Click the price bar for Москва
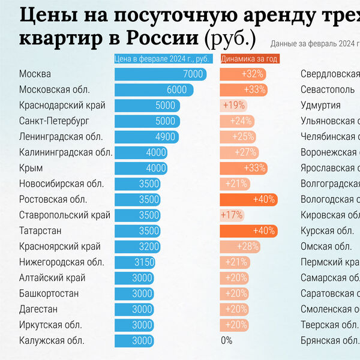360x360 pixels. (160, 74)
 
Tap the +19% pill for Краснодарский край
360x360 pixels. (233, 105)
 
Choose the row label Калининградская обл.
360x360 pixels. (65, 152)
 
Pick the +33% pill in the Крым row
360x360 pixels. (242, 168)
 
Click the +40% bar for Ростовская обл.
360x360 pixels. (248, 199)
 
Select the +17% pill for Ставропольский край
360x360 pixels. (232, 215)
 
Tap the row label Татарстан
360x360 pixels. (40, 230)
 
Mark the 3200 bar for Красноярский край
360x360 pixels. (139, 246)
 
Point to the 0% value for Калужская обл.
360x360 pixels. (226, 340)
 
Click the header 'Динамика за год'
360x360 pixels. (249, 59)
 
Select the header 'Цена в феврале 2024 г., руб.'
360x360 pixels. (161, 59)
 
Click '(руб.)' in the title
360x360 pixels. (230, 39)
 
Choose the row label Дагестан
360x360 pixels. (38, 309)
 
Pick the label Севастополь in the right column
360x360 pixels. (329, 89)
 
